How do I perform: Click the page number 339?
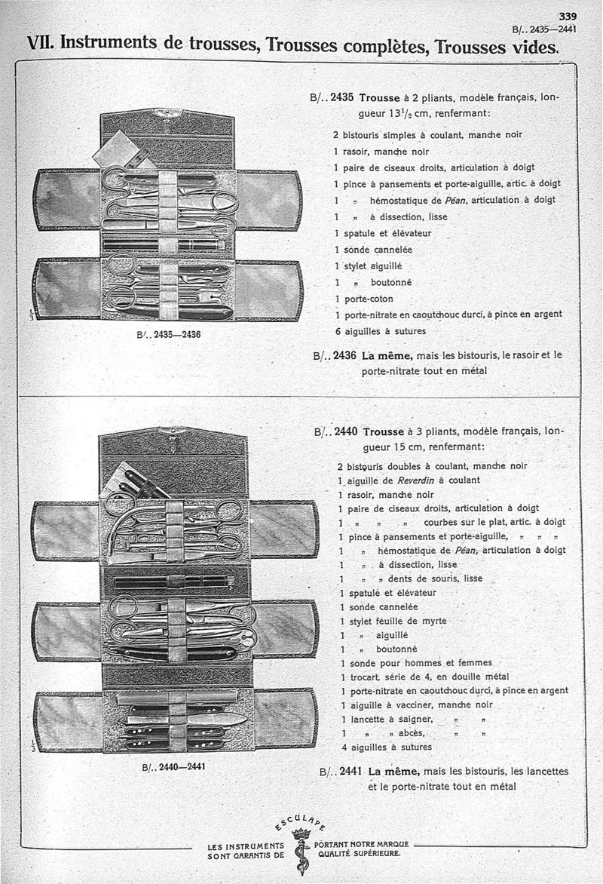[x=567, y=17]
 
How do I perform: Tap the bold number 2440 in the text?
[x=344, y=433]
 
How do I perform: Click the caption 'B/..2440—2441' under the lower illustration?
[x=173, y=767]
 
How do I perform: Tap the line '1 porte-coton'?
[x=364, y=298]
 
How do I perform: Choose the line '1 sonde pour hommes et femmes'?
[x=415, y=663]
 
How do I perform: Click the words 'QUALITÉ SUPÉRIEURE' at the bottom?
[x=359, y=854]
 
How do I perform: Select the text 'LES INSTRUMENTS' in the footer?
[x=245, y=846]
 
